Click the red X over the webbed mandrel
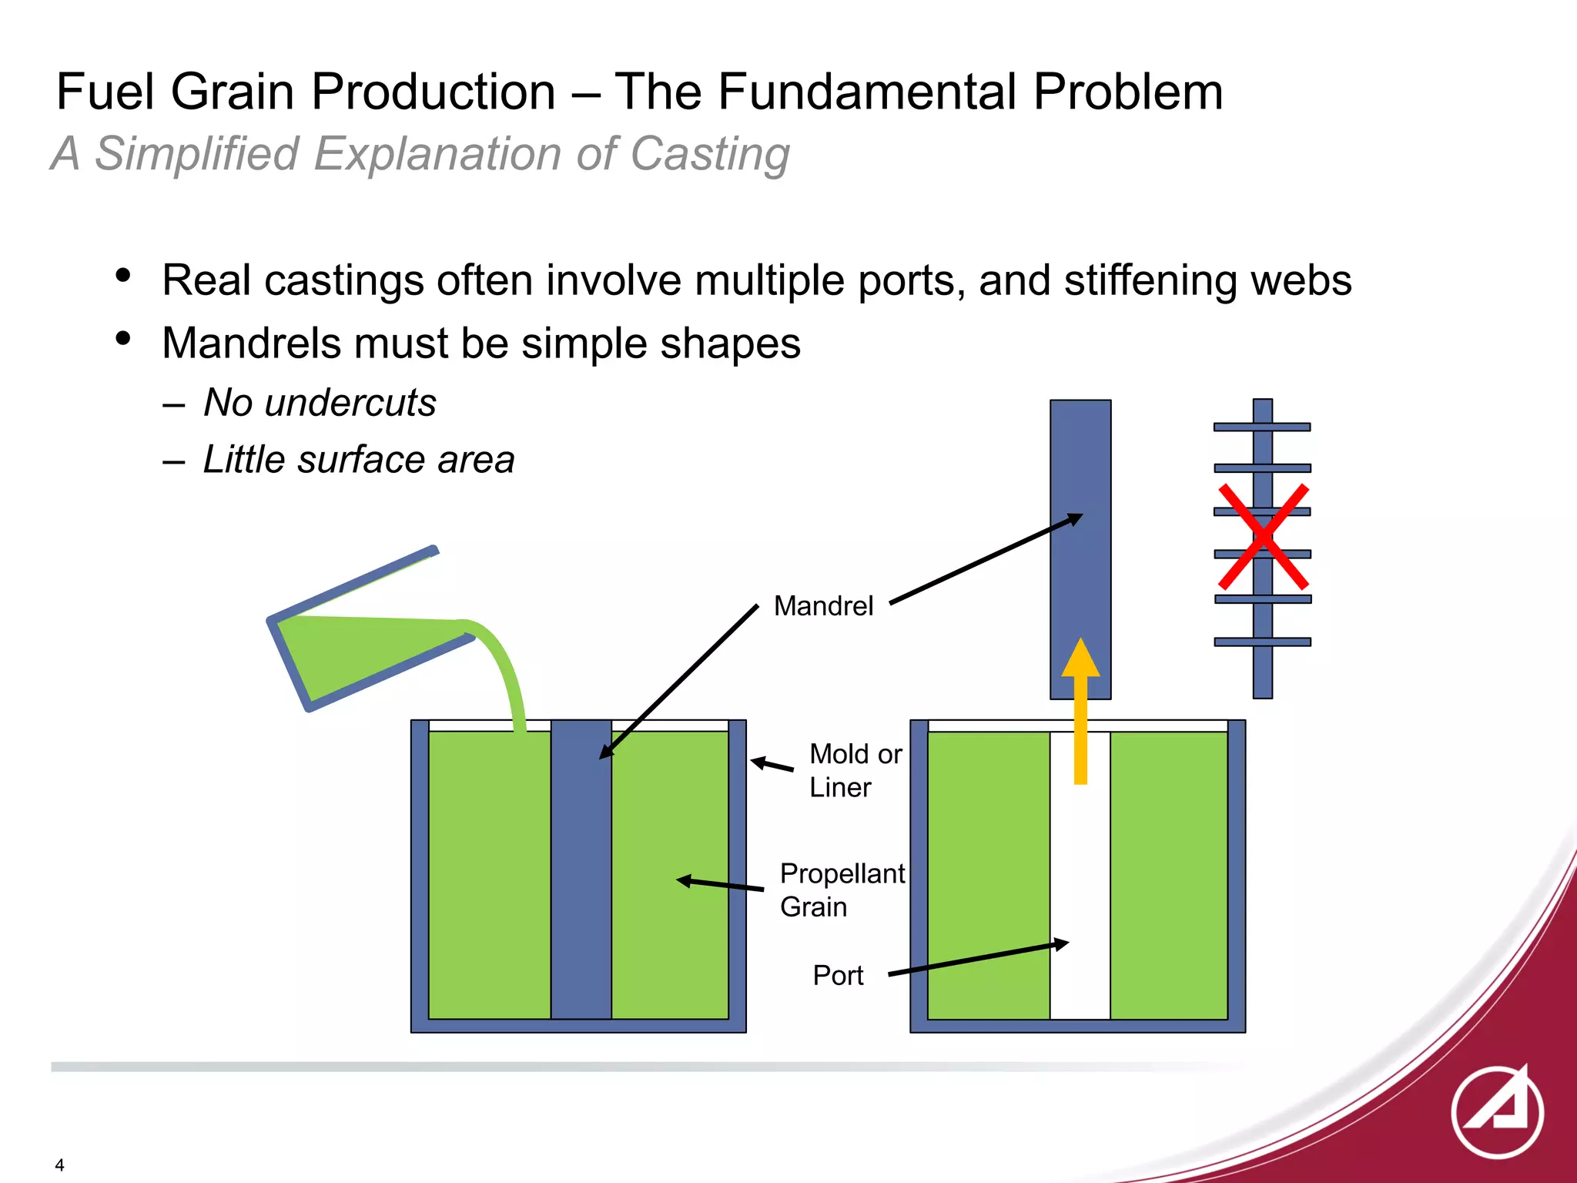click(x=1263, y=537)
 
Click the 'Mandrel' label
click(x=823, y=606)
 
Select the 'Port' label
click(x=838, y=976)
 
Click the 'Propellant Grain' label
click(x=842, y=890)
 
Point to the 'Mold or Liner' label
click(x=855, y=770)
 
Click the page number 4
click(x=59, y=1165)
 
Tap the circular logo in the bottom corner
click(x=1497, y=1112)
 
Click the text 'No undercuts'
click(x=320, y=403)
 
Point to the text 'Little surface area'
click(x=358, y=460)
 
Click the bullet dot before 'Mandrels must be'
click(x=123, y=338)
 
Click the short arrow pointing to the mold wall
click(x=772, y=765)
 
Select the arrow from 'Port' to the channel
click(x=978, y=959)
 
